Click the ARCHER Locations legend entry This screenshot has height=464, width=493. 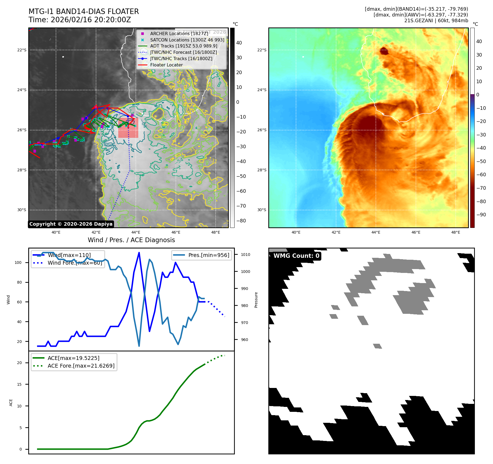tap(179, 33)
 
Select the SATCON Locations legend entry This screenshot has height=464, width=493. tap(187, 40)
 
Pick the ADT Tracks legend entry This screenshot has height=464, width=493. tap(184, 46)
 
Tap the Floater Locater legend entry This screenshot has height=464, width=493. tap(166, 65)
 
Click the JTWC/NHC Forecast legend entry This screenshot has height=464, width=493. tap(183, 52)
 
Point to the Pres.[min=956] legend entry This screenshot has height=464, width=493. tap(209, 255)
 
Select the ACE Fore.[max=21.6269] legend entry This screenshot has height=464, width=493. tap(81, 366)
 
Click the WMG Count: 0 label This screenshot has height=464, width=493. tap(296, 256)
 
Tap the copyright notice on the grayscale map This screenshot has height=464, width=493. tap(71, 224)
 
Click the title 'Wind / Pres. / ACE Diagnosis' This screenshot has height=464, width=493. tap(131, 240)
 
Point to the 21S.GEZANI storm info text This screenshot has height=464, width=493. tap(436, 21)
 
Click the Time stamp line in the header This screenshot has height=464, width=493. tap(80, 20)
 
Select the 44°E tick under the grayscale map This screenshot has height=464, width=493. tap(136, 232)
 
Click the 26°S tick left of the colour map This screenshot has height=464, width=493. tap(261, 130)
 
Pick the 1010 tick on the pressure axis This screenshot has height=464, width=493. tap(245, 255)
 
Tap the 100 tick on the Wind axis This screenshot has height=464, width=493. tap(18, 262)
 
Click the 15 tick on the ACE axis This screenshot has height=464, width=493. tap(19, 384)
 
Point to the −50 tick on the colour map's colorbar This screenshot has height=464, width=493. tap(481, 161)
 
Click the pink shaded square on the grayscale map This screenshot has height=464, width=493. tap(128, 128)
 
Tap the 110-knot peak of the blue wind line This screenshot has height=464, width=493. tap(139, 253)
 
